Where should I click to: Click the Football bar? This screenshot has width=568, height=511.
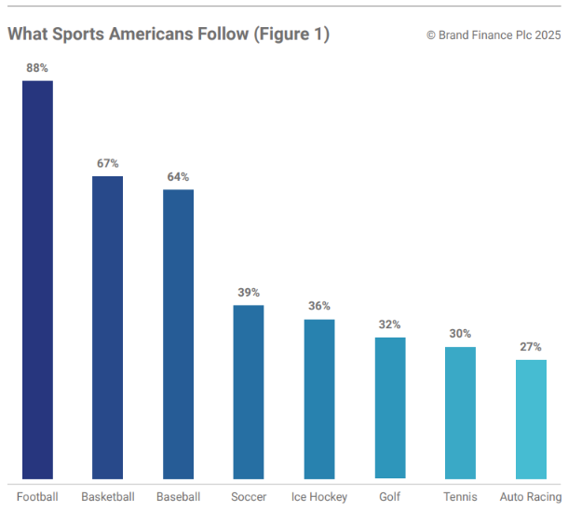pos(37,280)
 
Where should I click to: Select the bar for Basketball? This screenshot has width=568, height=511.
pos(108,327)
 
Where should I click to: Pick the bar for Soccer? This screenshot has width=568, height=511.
pos(249,392)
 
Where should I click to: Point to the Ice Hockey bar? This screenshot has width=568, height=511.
pos(319,399)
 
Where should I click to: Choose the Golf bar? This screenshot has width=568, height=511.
pos(390,407)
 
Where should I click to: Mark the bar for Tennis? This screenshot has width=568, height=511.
pos(460,412)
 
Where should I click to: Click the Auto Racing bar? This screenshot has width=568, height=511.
pos(531,419)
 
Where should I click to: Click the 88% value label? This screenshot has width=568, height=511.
pos(37,68)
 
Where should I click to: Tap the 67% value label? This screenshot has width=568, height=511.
pos(108,163)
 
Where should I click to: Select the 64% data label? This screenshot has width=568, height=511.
pos(178,177)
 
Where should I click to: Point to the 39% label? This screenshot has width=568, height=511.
pos(249,293)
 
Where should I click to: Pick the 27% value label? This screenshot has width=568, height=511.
pos(531,347)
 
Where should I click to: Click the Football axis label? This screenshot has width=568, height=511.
pos(37,496)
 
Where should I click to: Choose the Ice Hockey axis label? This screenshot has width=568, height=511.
pos(319,497)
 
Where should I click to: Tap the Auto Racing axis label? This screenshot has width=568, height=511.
pos(531,497)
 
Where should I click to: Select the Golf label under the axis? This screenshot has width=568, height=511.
pos(390,497)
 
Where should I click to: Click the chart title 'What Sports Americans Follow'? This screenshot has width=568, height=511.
pos(168,34)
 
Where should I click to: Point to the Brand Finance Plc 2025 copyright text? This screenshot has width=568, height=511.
pos(494,35)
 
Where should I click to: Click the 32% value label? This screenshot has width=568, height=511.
pos(390,325)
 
